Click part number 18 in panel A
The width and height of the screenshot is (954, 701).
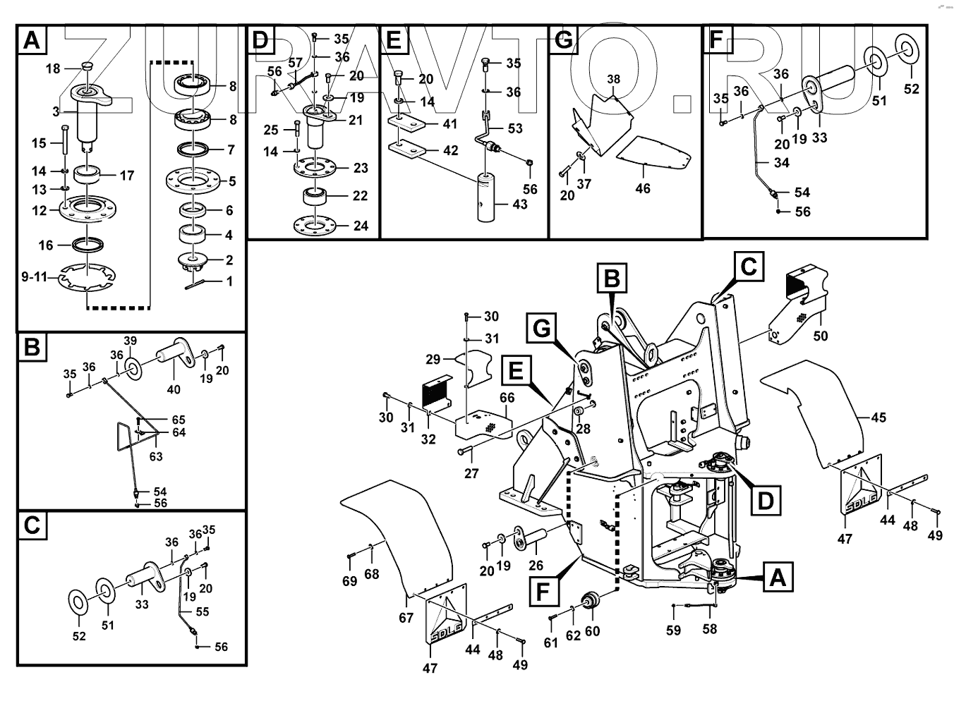click(53, 68)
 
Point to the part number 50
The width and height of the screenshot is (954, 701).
click(820, 336)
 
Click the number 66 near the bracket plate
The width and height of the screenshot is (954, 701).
click(507, 398)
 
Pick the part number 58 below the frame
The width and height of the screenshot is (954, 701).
click(709, 628)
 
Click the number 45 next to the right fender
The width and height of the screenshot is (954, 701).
click(878, 417)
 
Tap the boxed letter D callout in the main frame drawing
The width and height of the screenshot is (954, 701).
click(765, 500)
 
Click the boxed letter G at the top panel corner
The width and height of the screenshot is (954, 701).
click(563, 39)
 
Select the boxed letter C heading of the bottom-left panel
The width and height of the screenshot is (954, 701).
click(32, 525)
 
